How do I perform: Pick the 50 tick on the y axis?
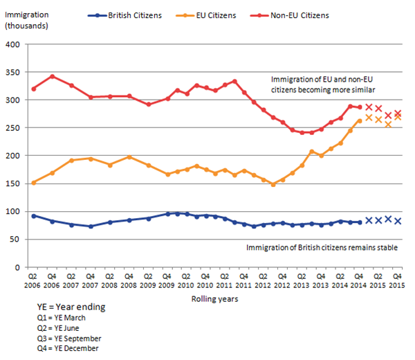(x=19, y=240)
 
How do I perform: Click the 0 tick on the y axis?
(x=21, y=267)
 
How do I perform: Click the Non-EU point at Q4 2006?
(x=53, y=76)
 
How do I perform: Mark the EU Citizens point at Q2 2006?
(x=34, y=183)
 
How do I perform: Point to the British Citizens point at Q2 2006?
(x=34, y=216)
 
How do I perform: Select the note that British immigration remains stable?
(x=324, y=246)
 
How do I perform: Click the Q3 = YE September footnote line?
(x=69, y=338)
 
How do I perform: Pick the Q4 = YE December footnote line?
(x=68, y=348)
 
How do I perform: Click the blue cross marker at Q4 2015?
(x=398, y=222)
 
